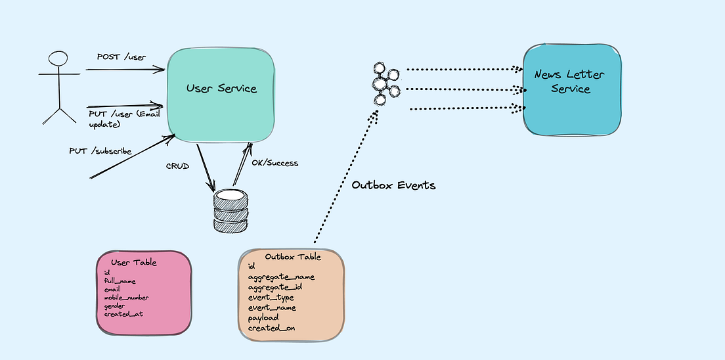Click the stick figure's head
(x=58, y=59)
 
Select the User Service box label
(x=221, y=88)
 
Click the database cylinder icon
(x=231, y=211)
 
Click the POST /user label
(x=117, y=57)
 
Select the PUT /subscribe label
(x=100, y=151)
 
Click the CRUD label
(x=178, y=167)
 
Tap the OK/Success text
(x=276, y=163)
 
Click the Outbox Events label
(x=393, y=185)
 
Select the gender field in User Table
(x=116, y=305)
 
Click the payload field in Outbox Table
(x=263, y=317)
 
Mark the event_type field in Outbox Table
(x=271, y=298)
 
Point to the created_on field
(x=271, y=328)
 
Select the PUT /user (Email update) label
(x=125, y=119)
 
